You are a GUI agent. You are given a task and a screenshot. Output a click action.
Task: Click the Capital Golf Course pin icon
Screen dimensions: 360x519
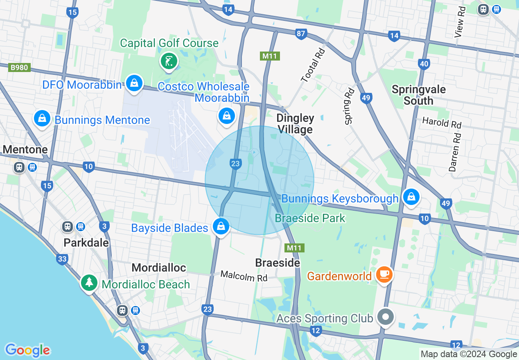169,62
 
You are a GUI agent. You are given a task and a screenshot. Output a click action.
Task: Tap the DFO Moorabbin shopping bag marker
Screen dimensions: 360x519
133,83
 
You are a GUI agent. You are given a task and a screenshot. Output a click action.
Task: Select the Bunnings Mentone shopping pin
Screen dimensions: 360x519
42,119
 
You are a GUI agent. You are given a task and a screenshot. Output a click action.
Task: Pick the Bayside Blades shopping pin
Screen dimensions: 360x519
221,226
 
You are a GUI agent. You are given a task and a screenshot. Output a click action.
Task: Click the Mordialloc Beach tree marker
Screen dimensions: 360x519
89,283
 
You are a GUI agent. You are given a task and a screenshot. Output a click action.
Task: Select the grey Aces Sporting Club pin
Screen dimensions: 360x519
385,317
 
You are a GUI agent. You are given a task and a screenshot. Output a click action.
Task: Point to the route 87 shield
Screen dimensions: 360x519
301,34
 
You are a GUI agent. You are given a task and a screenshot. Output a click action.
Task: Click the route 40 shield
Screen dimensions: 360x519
424,64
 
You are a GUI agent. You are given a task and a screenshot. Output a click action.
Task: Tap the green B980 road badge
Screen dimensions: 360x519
19,67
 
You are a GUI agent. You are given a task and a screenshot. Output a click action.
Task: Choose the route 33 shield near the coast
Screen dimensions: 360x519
62,259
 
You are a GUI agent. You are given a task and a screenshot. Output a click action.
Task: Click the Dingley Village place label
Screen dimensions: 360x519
295,124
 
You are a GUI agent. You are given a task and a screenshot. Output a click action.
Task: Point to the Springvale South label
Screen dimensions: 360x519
418,95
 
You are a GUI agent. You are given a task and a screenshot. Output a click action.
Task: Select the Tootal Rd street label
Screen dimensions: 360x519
313,65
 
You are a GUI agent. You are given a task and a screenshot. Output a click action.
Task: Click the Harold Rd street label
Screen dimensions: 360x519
441,122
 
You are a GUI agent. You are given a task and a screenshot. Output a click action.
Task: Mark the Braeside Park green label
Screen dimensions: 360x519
310,218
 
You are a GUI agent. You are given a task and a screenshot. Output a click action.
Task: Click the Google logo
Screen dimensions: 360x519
27,350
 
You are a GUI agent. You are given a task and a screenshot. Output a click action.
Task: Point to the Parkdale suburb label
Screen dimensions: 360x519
86,243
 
